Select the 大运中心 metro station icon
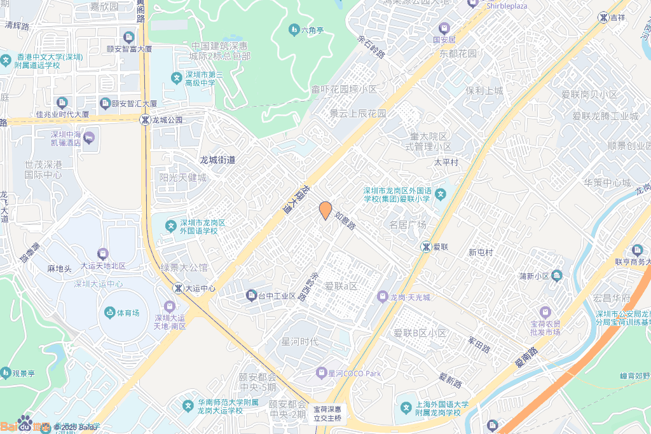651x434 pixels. pyautogui.click(x=178, y=288)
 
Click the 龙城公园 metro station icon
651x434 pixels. pyautogui.click(x=146, y=119)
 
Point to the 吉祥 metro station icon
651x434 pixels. pyautogui.click(x=603, y=17)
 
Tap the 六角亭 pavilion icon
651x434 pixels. pyautogui.click(x=294, y=29)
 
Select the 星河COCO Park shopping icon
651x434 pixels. pyautogui.click(x=322, y=372)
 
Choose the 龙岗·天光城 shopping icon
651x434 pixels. pyautogui.click(x=382, y=296)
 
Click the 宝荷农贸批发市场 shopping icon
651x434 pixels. pyautogui.click(x=545, y=312)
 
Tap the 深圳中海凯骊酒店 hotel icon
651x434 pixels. pyautogui.click(x=90, y=137)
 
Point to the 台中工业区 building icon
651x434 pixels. pyautogui.click(x=250, y=295)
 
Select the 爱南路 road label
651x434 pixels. pyautogui.click(x=526, y=360)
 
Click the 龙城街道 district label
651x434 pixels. pyautogui.click(x=217, y=159)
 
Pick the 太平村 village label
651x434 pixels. pyautogui.click(x=446, y=162)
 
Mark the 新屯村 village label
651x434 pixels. pyautogui.click(x=481, y=252)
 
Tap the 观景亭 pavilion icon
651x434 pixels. pyautogui.click(x=6, y=372)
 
